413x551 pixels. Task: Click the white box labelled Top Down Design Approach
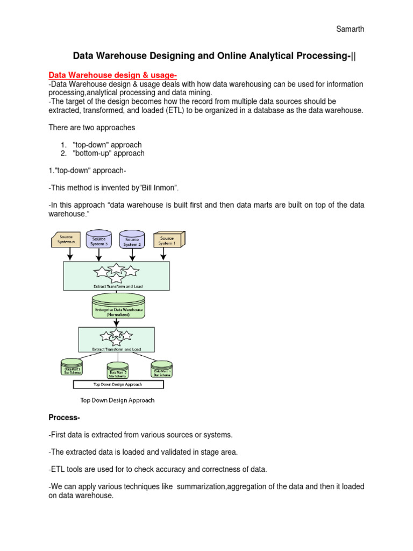click(118, 385)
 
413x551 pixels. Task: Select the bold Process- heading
click(64, 418)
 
